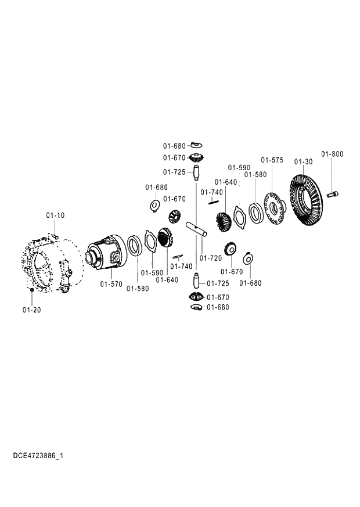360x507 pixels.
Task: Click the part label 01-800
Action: [x=332, y=154]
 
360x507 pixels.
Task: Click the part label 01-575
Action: [x=272, y=160]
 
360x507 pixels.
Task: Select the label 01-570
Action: [x=111, y=284]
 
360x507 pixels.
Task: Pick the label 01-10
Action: [x=56, y=215]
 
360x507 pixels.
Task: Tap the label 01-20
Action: [x=32, y=310]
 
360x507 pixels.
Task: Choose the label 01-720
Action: [x=211, y=257]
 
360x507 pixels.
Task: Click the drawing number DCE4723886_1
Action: [x=38, y=456]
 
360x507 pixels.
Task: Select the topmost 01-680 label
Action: [x=174, y=146]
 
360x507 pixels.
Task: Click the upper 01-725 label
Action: [x=174, y=172]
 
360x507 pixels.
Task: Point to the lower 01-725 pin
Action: [x=196, y=280]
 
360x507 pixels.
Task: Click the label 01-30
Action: [x=303, y=161]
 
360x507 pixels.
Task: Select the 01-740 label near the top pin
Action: [x=211, y=192]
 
